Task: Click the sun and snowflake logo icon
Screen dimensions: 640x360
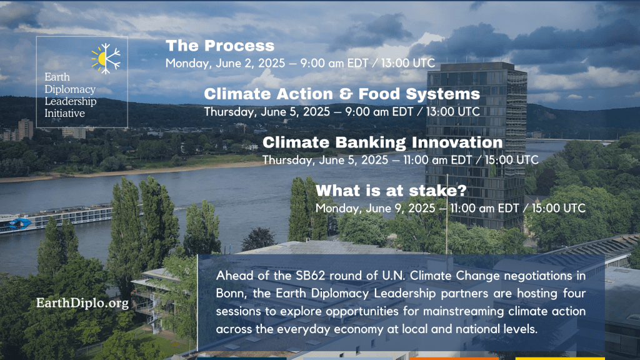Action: click(106, 58)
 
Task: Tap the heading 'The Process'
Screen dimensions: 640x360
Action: click(220, 46)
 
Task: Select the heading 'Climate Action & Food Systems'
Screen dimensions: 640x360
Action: click(342, 94)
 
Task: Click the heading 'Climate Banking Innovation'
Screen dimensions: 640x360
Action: click(382, 142)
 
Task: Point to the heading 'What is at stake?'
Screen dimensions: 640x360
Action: click(391, 191)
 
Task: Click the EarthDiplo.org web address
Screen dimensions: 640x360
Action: click(82, 303)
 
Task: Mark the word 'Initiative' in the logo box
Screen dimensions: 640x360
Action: click(64, 114)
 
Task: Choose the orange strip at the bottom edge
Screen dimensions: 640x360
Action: click(454, 358)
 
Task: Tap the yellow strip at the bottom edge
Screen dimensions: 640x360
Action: click(560, 358)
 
